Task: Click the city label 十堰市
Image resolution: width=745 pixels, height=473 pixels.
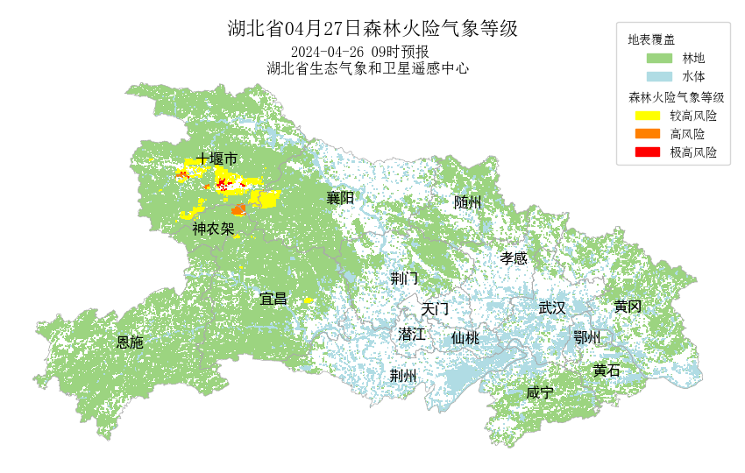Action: [x=216, y=159]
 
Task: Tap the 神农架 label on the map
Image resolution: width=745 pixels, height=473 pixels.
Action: [x=214, y=229]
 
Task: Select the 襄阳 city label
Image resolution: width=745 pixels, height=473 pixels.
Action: [x=340, y=198]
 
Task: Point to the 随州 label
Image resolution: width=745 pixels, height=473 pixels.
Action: [x=468, y=202]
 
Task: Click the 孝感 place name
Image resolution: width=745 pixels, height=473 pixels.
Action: [x=514, y=258]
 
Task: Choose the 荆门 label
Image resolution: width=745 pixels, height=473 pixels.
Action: [x=404, y=279]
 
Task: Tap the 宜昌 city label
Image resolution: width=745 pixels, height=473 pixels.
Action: [x=273, y=299]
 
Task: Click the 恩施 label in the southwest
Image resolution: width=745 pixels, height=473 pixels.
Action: [x=130, y=342]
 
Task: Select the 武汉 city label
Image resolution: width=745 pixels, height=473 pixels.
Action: [x=552, y=307]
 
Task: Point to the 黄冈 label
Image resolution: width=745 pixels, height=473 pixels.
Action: [x=628, y=307]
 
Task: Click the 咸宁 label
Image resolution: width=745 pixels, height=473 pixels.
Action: [x=540, y=392]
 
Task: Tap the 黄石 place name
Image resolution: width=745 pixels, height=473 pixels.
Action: [x=606, y=371]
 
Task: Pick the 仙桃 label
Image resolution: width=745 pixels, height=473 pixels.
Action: [x=465, y=338]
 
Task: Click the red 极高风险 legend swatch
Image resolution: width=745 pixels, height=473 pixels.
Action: [x=647, y=152]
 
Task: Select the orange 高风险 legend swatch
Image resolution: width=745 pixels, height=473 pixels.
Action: [x=647, y=134]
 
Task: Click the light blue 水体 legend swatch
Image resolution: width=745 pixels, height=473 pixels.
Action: [x=658, y=77]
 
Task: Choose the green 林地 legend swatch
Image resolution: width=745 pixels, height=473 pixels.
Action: [x=658, y=59]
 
